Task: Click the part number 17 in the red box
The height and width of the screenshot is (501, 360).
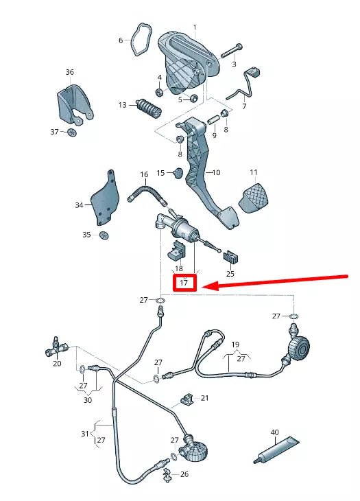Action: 184,283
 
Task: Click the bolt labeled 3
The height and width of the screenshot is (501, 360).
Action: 231,51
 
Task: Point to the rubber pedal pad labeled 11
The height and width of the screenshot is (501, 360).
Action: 254,198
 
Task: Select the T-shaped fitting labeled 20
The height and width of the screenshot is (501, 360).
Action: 56,348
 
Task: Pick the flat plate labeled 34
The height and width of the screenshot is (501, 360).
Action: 106,198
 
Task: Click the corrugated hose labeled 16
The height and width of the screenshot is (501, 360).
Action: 147,193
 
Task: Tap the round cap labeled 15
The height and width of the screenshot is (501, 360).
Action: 178,172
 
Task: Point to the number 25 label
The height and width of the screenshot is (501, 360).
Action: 230,274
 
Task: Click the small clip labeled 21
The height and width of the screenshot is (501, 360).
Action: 187,399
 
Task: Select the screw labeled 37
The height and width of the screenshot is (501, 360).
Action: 73,132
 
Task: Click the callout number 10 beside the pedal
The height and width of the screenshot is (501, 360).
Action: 216,172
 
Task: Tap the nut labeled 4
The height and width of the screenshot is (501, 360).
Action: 159,93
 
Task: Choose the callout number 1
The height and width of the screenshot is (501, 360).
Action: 195,27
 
